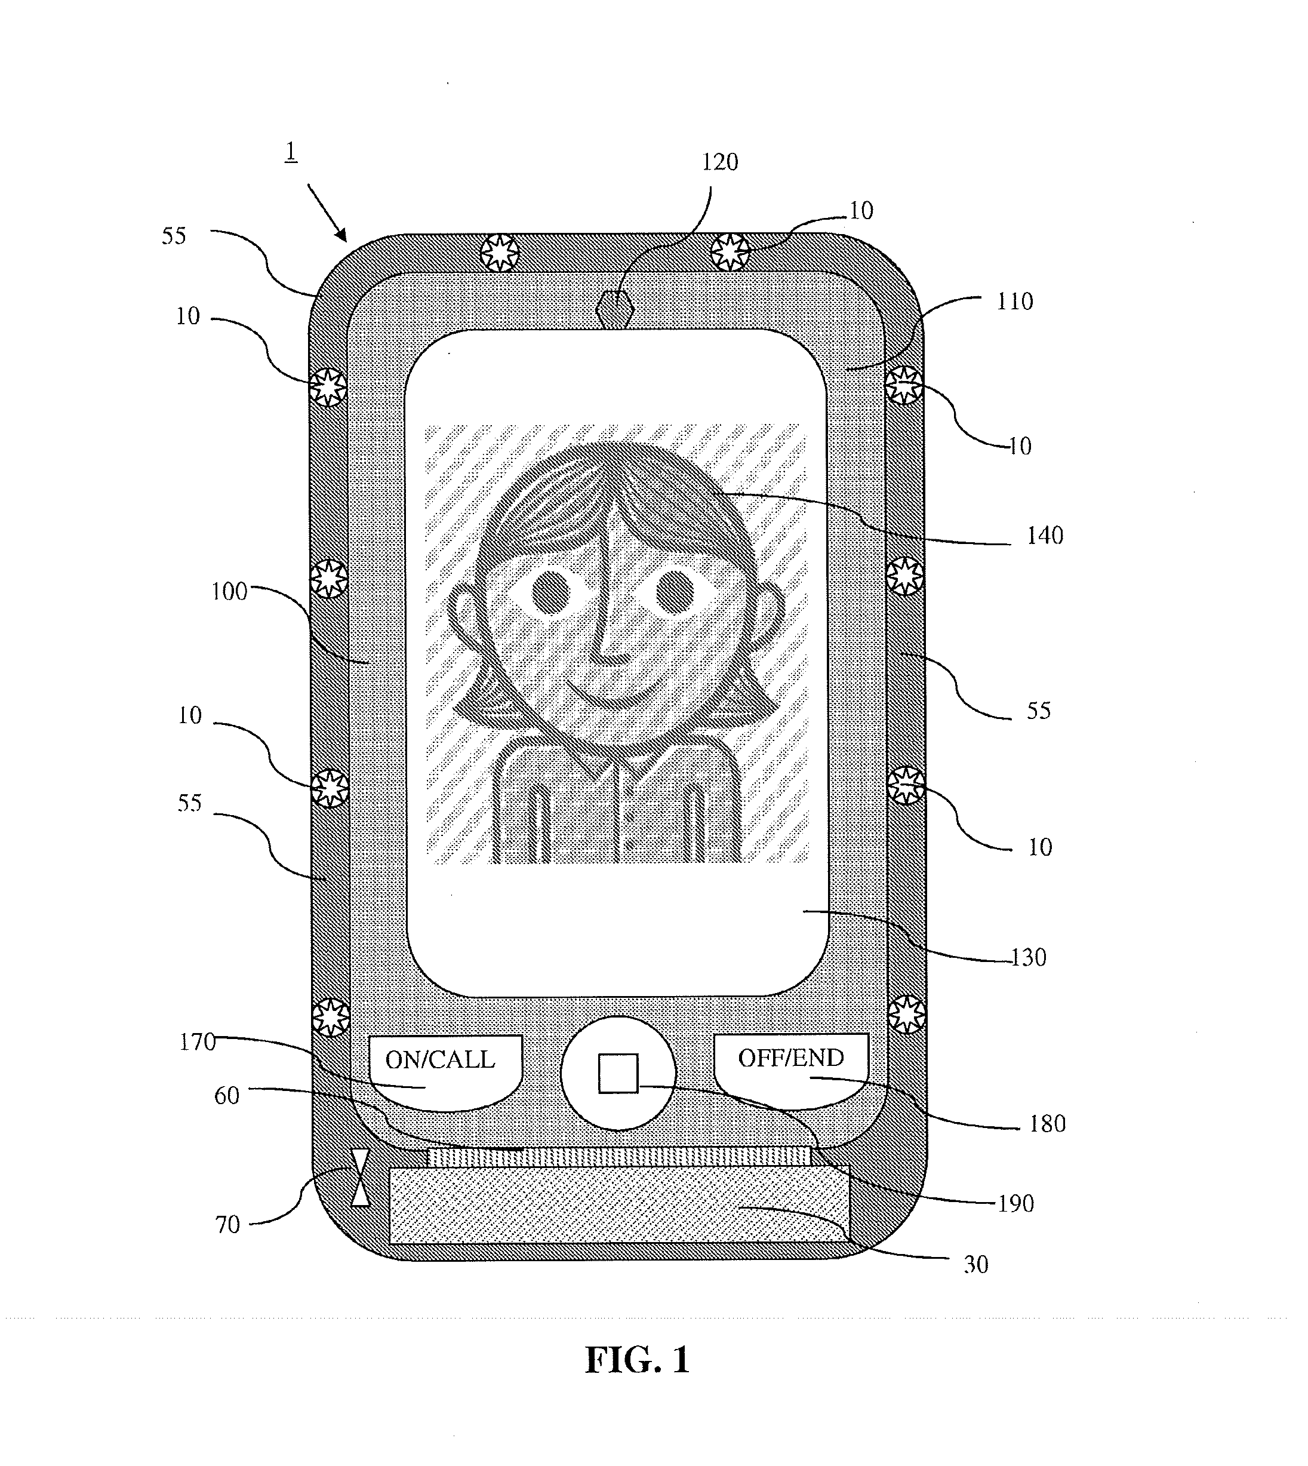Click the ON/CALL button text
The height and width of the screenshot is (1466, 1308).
coord(440,1060)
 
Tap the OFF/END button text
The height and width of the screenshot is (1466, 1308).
coord(790,1058)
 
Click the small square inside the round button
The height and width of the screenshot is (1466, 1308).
coord(618,1074)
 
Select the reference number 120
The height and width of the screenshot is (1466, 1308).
coord(719,162)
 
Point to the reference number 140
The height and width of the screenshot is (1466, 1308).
coord(1044,536)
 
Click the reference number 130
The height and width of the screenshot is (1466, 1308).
coord(1029,958)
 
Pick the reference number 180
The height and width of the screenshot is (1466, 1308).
coord(1047,1124)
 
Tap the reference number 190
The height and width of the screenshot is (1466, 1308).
coord(1015,1204)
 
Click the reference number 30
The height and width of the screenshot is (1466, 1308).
coord(976,1265)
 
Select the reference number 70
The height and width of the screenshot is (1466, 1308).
coord(228,1224)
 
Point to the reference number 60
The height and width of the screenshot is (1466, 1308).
coord(226,1096)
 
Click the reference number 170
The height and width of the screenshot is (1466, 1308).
coord(198,1042)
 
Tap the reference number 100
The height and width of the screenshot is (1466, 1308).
coord(229,592)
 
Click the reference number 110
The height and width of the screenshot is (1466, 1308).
coord(1015,301)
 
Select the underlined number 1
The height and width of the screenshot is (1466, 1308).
coord(290,152)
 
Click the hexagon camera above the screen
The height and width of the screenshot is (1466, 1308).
coord(614,309)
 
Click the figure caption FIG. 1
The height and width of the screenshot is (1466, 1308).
coord(638,1360)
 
